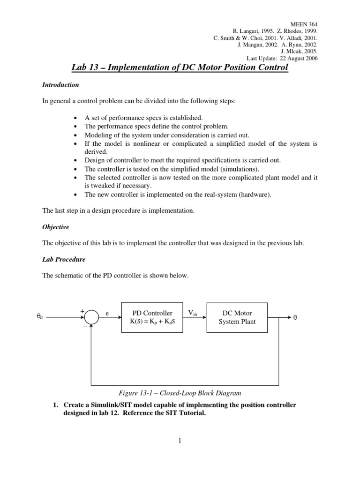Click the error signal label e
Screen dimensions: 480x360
107,313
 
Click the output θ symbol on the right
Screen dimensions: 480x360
295,317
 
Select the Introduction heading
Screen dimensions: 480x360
60,85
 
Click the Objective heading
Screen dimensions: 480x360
55,227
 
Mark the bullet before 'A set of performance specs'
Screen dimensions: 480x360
76,118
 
